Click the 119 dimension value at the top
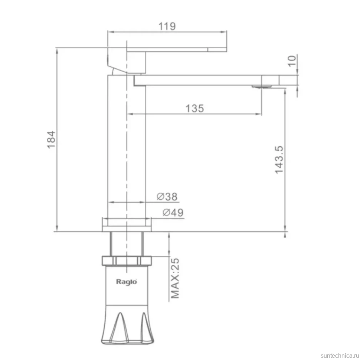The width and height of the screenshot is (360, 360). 167,26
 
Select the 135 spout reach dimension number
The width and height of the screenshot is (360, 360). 195,108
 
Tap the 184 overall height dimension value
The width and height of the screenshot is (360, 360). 51,140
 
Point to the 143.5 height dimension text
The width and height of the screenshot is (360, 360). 279,160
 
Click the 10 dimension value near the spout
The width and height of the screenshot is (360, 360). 292,61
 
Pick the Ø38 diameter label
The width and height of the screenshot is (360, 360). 167,197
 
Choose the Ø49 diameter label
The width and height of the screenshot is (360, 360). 173,213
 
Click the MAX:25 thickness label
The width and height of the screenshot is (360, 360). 175,278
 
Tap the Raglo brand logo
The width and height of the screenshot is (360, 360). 126,282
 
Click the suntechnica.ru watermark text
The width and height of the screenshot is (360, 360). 340,356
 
